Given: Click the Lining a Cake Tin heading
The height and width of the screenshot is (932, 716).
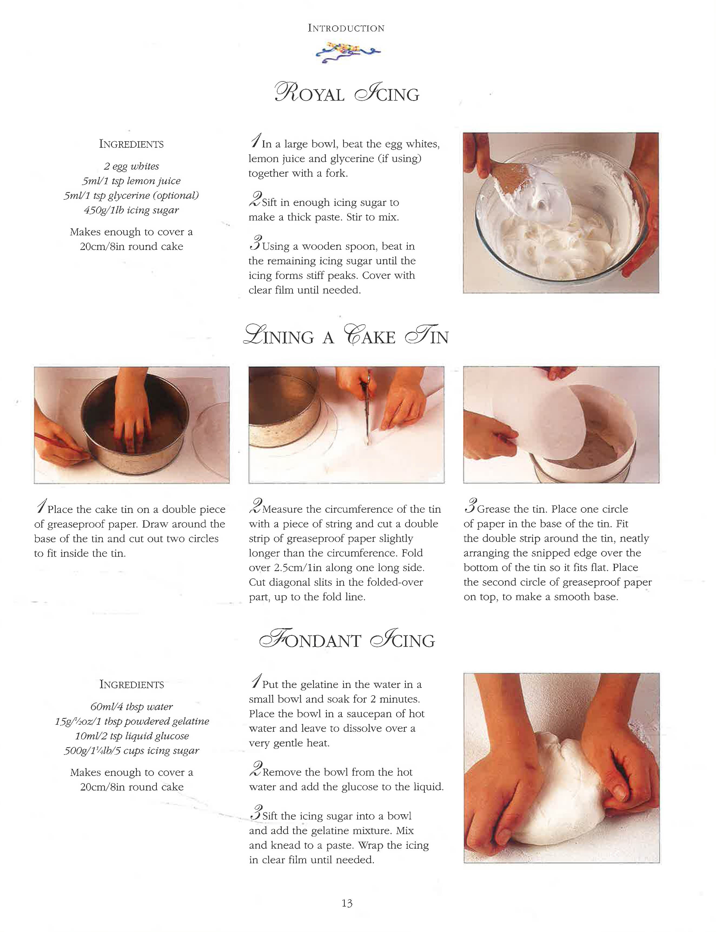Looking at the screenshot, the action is (x=346, y=335).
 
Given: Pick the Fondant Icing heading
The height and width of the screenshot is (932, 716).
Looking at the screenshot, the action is (x=347, y=640).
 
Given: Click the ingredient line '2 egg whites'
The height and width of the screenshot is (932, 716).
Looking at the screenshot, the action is (x=131, y=166).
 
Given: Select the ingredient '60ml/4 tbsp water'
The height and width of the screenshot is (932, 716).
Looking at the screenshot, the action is (x=131, y=706).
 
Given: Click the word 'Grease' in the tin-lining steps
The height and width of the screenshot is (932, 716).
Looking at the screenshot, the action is (x=494, y=509).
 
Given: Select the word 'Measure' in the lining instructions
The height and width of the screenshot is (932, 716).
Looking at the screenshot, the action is (x=283, y=509).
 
